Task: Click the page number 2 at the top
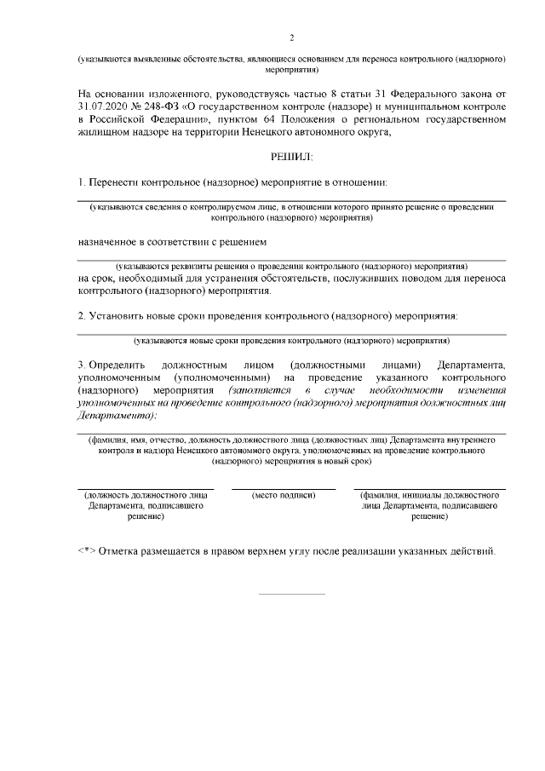click(291, 38)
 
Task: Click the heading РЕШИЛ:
click(291, 158)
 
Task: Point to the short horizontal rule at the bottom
click(291, 593)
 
